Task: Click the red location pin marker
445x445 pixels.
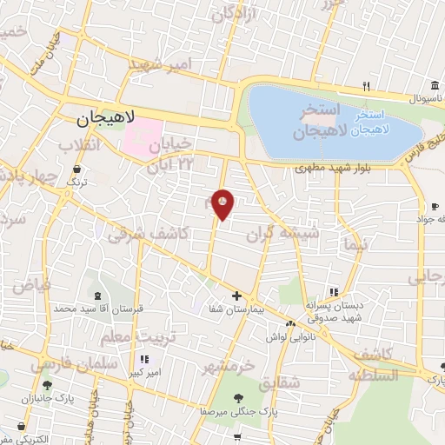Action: coord(223,204)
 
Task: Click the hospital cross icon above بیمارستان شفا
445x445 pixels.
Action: coord(236,296)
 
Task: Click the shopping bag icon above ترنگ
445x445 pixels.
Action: coord(79,169)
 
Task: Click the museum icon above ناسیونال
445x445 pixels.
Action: coord(434,85)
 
